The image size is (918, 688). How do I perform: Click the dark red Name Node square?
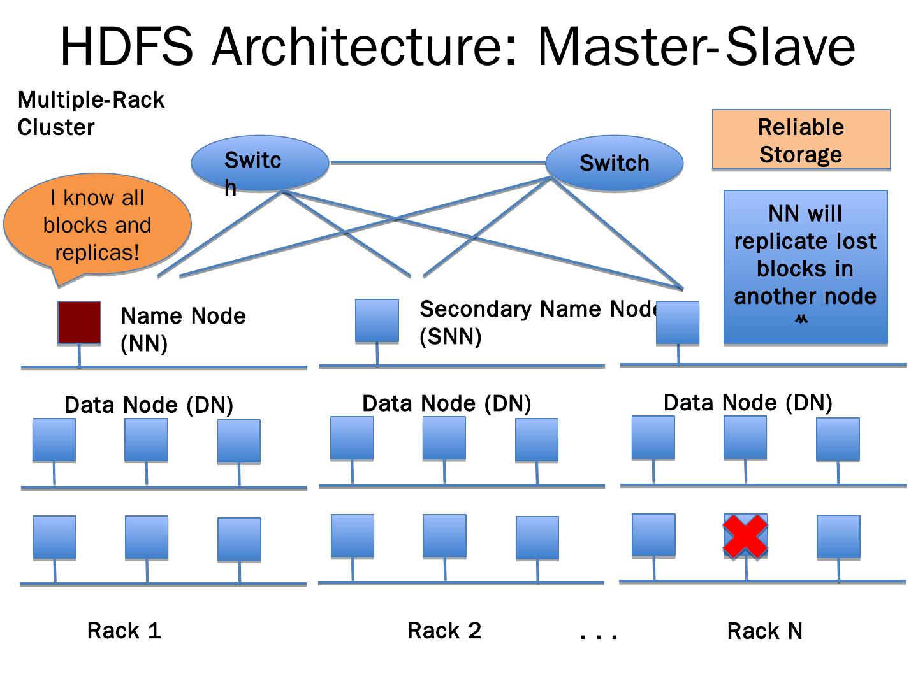[x=79, y=322]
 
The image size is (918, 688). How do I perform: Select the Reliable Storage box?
[x=801, y=140]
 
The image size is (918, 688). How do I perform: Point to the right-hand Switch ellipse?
[x=614, y=163]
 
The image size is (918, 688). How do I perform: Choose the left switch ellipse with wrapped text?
[x=260, y=164]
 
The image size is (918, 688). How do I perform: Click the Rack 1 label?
[x=124, y=631]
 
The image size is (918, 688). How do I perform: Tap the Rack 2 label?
[x=444, y=631]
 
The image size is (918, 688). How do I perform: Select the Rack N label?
[x=764, y=631]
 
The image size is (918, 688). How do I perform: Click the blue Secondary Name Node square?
[x=377, y=320]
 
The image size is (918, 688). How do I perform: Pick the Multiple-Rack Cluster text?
[x=91, y=113]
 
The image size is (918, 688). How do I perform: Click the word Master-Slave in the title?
[x=696, y=47]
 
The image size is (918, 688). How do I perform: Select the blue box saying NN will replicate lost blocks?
[x=805, y=268]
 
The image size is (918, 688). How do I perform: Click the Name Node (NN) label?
[x=183, y=329]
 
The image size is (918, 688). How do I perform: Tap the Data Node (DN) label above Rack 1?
[x=149, y=405]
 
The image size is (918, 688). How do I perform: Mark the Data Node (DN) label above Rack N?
[x=748, y=403]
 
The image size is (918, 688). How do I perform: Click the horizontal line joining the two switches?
[x=437, y=162]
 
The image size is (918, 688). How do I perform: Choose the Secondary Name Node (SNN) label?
[x=539, y=322]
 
